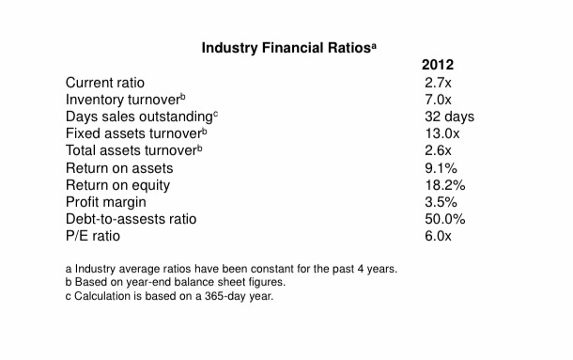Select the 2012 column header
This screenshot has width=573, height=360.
tap(438, 66)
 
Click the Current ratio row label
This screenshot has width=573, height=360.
tap(104, 84)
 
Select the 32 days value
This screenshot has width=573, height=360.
tap(449, 117)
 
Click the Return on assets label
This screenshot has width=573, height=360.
tap(119, 168)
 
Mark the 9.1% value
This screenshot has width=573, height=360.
tap(440, 168)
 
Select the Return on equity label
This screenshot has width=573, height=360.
tap(117, 185)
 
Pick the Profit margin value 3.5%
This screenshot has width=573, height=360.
tap(440, 202)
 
